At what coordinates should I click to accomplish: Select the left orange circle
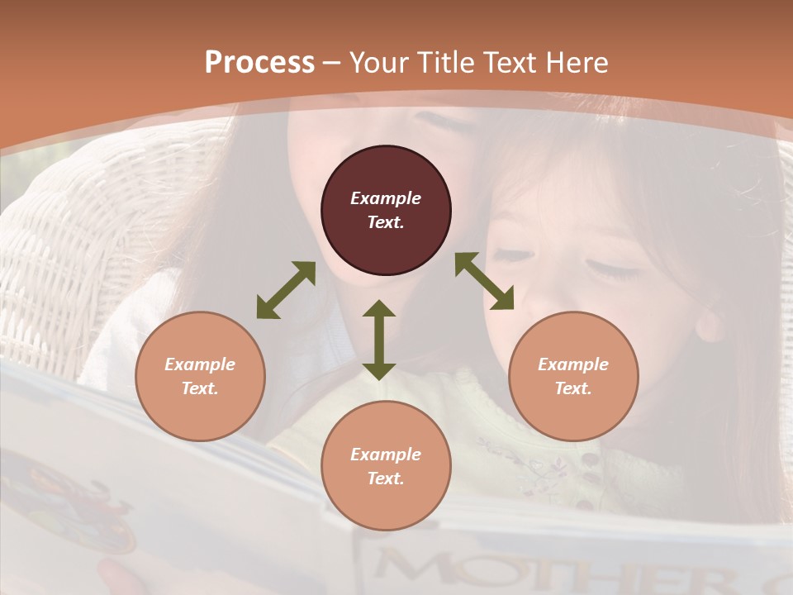(200, 376)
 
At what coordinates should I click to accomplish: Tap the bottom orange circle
(386, 465)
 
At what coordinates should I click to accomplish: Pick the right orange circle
(572, 376)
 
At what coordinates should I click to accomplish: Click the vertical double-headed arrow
(379, 340)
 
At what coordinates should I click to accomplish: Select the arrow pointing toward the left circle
(286, 290)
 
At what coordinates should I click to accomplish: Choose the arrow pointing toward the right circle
(484, 281)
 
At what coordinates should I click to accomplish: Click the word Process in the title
(259, 63)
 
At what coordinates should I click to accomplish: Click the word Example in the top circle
(386, 198)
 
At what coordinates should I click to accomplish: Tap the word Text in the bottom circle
(386, 478)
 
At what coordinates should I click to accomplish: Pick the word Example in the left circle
(200, 364)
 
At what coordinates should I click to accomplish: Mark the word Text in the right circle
(572, 388)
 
